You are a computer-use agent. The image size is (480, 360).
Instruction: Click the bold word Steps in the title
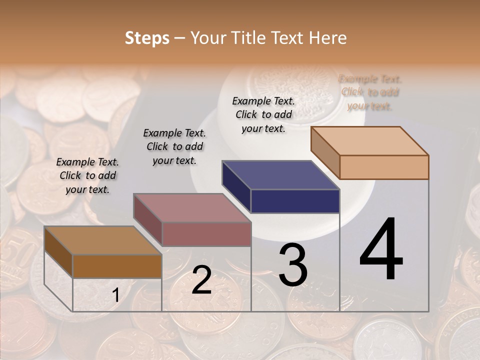pyautogui.click(x=147, y=38)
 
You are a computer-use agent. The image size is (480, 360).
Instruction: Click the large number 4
pyautogui.click(x=381, y=250)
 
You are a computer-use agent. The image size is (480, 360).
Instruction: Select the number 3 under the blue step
pyautogui.click(x=292, y=265)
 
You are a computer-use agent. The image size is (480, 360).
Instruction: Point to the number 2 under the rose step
pyautogui.click(x=201, y=280)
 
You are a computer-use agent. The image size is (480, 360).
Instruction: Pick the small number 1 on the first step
pyautogui.click(x=115, y=295)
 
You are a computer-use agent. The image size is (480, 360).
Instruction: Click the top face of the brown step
pyautogui.click(x=102, y=240)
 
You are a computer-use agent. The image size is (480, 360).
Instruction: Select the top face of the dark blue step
pyautogui.click(x=280, y=175)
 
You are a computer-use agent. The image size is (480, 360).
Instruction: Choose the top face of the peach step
pyautogui.click(x=369, y=141)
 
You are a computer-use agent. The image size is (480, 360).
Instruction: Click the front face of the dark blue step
pyautogui.click(x=295, y=201)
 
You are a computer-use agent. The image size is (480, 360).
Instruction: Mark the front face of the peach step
pyautogui.click(x=384, y=167)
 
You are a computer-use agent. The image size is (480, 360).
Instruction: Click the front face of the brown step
pyautogui.click(x=117, y=266)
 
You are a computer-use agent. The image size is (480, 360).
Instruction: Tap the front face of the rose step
pyautogui.click(x=206, y=234)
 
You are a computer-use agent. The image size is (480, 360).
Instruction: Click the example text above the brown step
pyautogui.click(x=87, y=175)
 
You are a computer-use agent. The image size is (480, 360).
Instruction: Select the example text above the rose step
pyautogui.click(x=174, y=146)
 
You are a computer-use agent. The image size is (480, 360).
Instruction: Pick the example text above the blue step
pyautogui.click(x=263, y=114)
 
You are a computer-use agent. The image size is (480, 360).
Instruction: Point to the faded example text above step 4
pyautogui.click(x=370, y=92)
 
